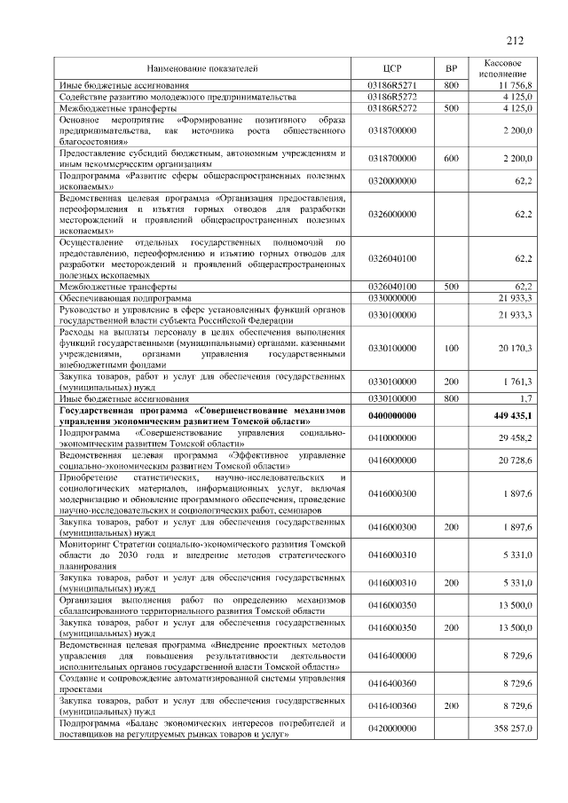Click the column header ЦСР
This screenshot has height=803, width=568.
pyautogui.click(x=391, y=68)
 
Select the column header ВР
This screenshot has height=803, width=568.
pyautogui.click(x=450, y=68)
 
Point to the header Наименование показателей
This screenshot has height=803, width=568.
pyautogui.click(x=202, y=68)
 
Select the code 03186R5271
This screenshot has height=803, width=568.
pyautogui.click(x=391, y=84)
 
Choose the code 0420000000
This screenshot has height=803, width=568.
pyautogui.click(x=391, y=728)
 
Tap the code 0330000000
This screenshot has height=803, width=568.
pyautogui.click(x=391, y=298)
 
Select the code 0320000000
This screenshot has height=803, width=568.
pyautogui.click(x=391, y=181)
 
